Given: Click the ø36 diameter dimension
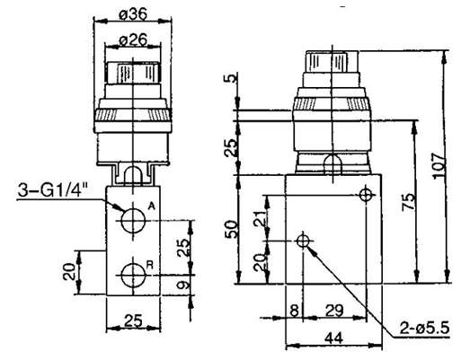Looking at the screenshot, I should pyautogui.click(x=135, y=14).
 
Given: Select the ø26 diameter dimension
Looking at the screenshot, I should pyautogui.click(x=134, y=41).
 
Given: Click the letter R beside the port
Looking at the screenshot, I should pyautogui.click(x=151, y=264).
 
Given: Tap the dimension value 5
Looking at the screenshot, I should pyautogui.click(x=235, y=79).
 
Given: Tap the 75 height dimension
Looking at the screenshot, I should pyautogui.click(x=410, y=203).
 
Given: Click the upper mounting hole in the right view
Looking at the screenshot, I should pyautogui.click(x=365, y=195).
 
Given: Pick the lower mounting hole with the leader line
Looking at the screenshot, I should pyautogui.click(x=304, y=241).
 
